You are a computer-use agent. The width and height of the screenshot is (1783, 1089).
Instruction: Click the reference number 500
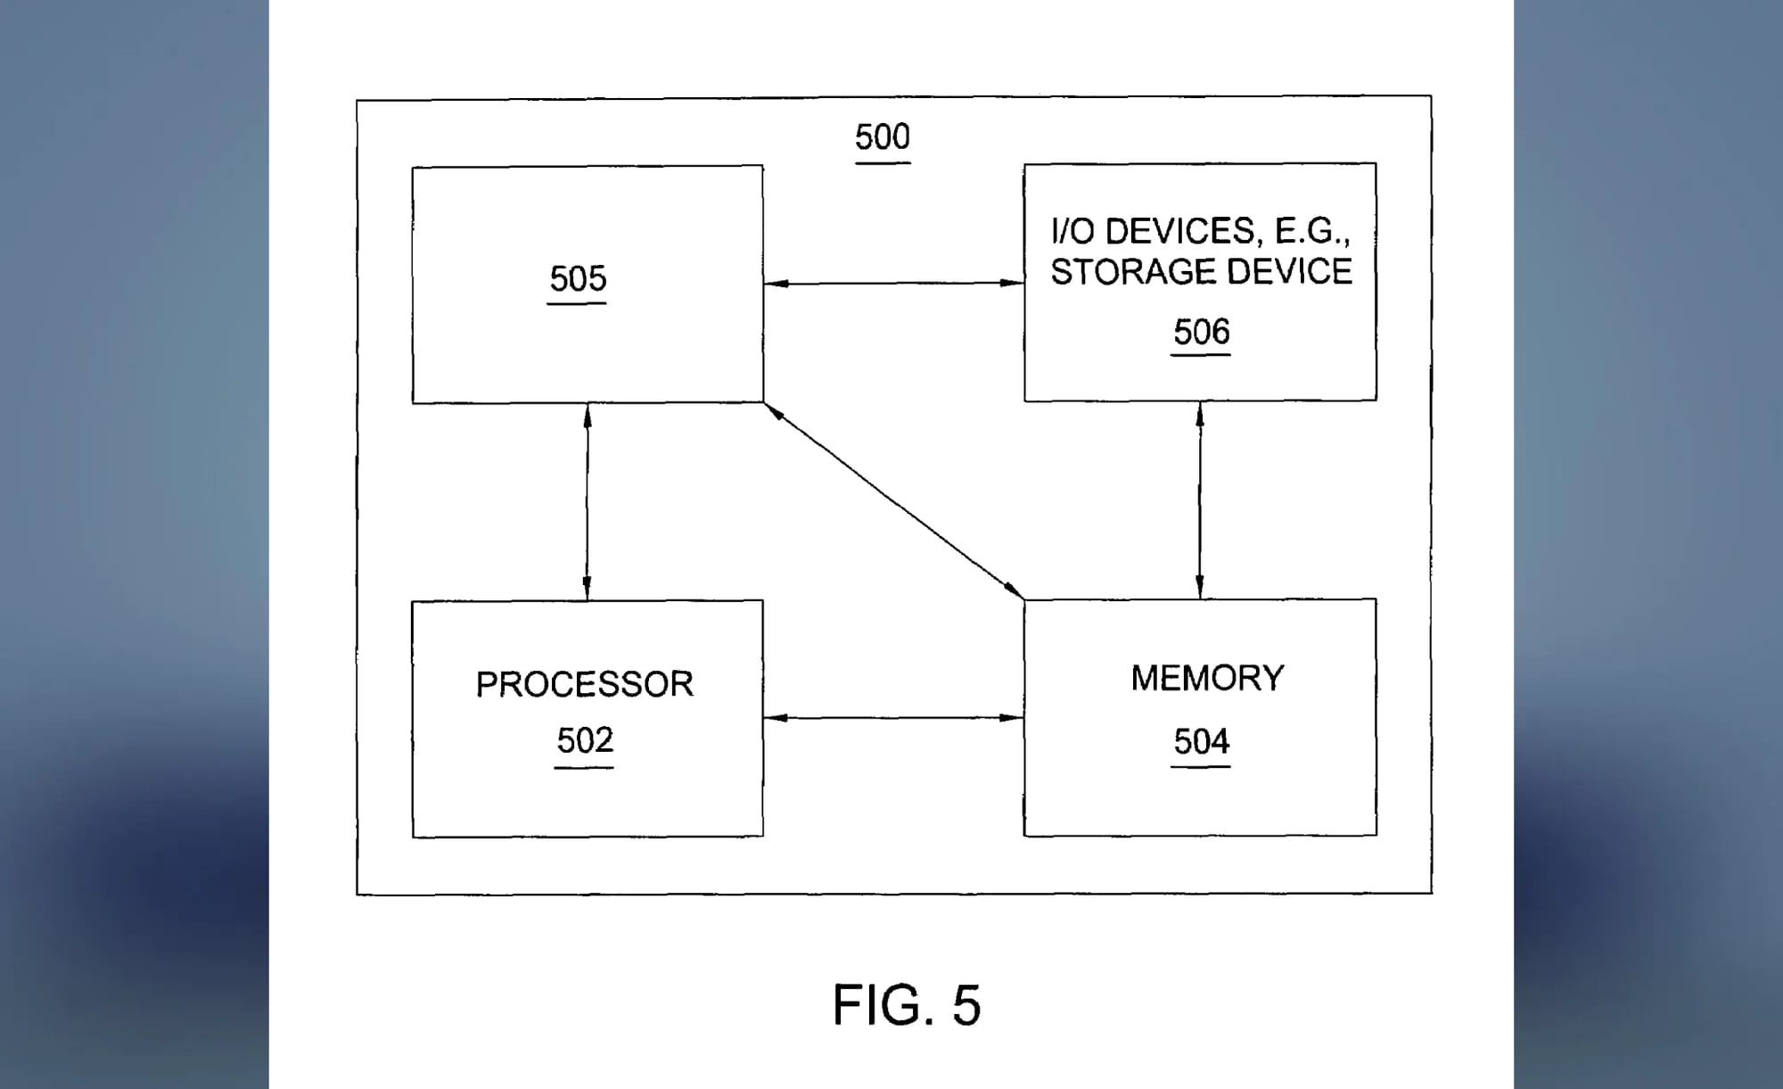click(882, 137)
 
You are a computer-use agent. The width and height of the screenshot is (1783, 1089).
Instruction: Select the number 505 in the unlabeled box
click(578, 279)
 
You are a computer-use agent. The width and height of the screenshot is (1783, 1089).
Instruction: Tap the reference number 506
click(1201, 332)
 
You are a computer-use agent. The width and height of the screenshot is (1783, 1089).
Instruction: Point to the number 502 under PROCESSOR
click(585, 740)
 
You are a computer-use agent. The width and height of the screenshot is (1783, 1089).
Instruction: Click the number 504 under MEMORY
click(1201, 741)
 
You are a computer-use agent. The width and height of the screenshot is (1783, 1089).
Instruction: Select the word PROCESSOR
click(584, 684)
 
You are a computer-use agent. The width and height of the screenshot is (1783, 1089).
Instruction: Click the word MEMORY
click(1207, 678)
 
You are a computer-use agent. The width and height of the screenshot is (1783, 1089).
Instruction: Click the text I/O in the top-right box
click(1072, 232)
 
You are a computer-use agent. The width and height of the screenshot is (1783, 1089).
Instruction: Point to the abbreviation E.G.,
click(1312, 232)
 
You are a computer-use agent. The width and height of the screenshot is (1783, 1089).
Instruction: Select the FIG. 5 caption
click(906, 1005)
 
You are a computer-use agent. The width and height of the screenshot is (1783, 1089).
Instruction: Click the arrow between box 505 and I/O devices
click(893, 284)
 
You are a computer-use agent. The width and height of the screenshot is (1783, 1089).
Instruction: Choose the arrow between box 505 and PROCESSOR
click(587, 501)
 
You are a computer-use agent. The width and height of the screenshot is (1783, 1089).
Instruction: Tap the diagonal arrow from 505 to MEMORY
click(894, 500)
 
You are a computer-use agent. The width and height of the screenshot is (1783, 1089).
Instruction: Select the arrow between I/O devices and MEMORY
click(1200, 499)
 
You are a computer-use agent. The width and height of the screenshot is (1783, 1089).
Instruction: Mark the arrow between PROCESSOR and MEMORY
click(893, 717)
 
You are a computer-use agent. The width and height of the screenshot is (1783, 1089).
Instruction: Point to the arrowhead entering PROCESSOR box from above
click(587, 589)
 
